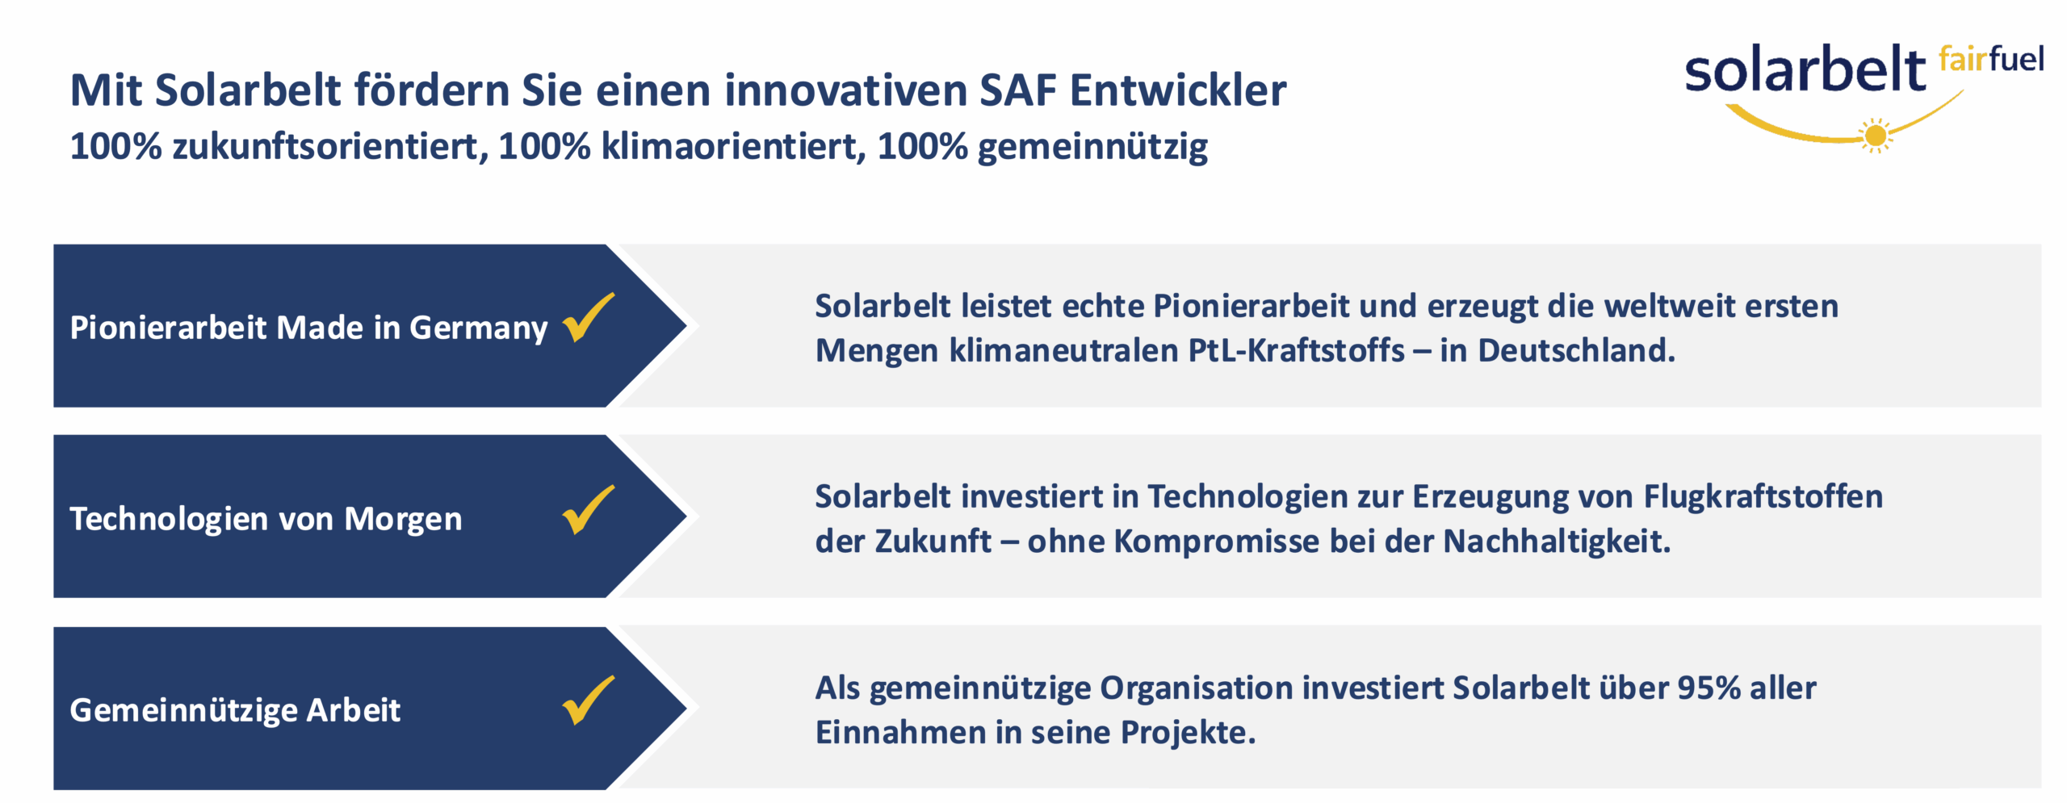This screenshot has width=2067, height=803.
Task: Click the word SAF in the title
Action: tap(1017, 90)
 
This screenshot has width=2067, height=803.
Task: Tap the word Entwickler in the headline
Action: tap(1178, 90)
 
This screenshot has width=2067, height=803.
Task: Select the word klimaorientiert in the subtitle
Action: tap(733, 147)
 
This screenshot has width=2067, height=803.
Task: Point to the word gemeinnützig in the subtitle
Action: tap(1092, 148)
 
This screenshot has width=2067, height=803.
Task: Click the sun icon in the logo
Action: tap(1875, 136)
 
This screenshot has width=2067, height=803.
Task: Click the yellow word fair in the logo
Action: tap(1962, 59)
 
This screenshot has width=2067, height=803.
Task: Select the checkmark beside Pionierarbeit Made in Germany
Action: tap(588, 317)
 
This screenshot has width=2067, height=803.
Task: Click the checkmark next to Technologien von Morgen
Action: tap(588, 509)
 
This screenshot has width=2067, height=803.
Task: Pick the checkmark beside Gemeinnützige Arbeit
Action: tap(588, 700)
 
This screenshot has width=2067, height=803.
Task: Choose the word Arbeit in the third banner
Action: tap(353, 710)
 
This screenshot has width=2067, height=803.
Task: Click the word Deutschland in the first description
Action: tap(1577, 350)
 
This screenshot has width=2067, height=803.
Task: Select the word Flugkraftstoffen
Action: tap(1763, 496)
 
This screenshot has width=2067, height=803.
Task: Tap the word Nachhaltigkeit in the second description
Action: tap(1557, 542)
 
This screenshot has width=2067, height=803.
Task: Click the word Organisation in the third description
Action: tap(1195, 688)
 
